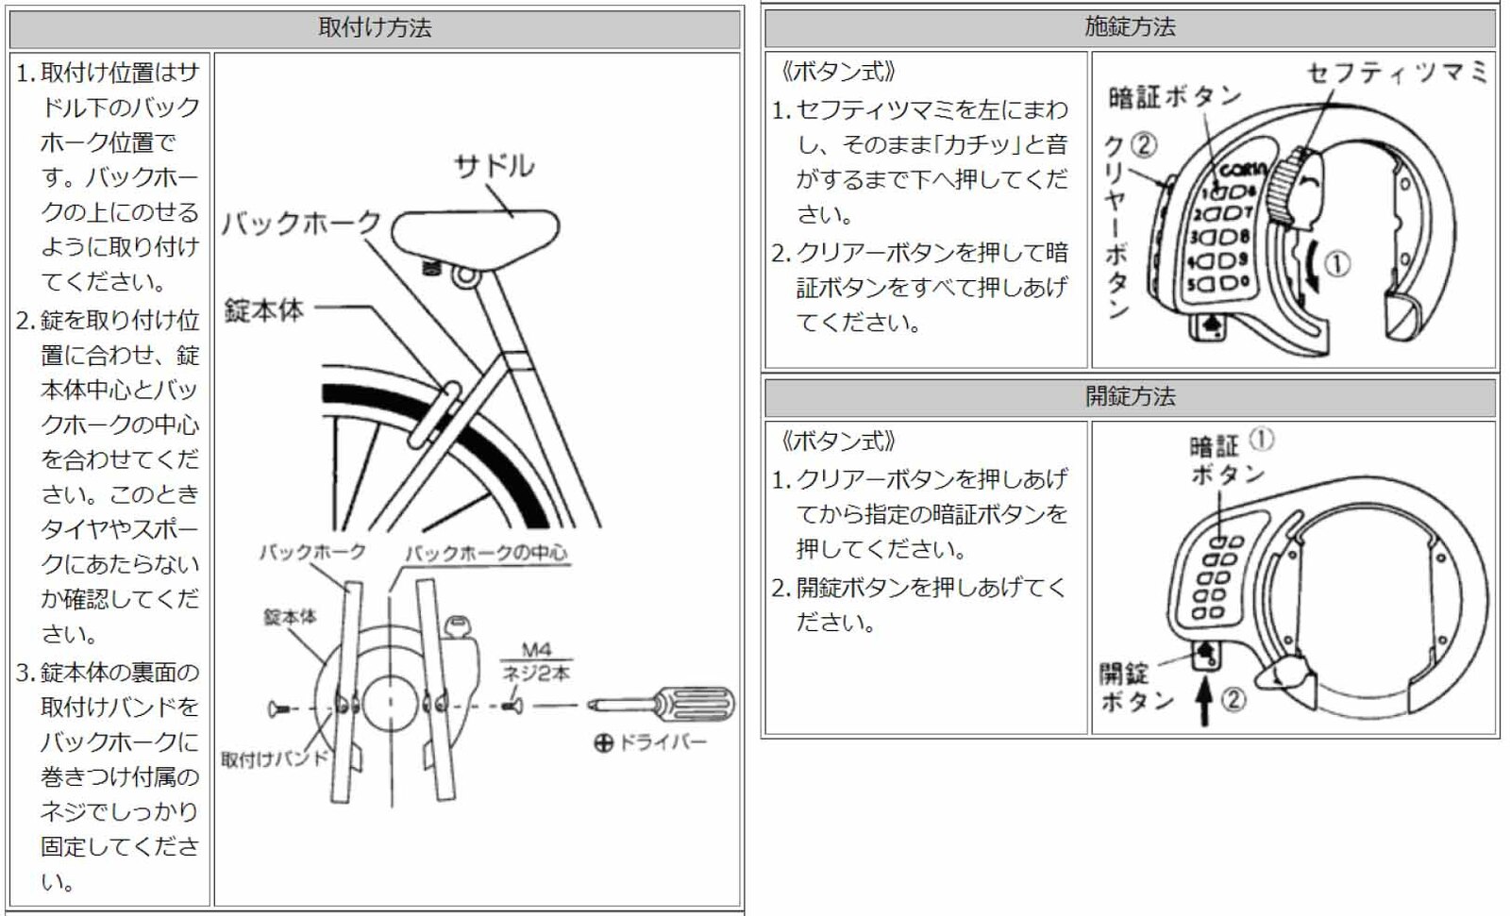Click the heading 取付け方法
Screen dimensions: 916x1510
[x=375, y=27]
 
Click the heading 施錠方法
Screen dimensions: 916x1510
[x=1130, y=26]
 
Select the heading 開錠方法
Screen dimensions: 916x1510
[x=1130, y=396]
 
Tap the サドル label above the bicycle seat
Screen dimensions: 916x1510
[x=494, y=167]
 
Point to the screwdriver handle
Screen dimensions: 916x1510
[x=697, y=703]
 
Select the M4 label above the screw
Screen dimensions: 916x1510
[x=535, y=650]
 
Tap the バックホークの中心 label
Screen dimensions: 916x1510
[x=486, y=553]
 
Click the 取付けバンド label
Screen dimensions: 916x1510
[x=274, y=759]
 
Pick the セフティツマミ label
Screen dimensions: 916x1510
[x=1397, y=73]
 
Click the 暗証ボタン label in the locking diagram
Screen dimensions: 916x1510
[x=1174, y=96]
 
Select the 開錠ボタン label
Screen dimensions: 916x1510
[x=1135, y=687]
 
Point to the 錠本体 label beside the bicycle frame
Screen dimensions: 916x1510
[x=263, y=309]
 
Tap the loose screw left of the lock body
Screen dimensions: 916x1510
[x=277, y=708]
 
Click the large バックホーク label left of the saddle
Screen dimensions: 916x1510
[x=300, y=224]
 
